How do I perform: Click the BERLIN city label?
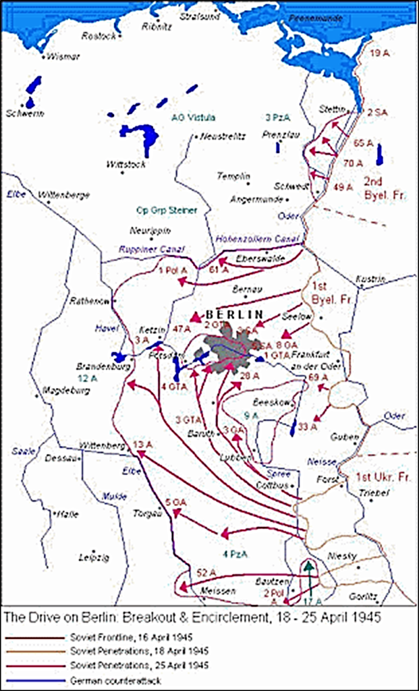(x=233, y=314)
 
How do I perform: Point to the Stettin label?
(x=333, y=109)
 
